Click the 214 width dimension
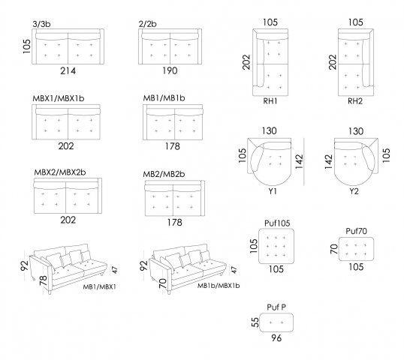tap(68, 70)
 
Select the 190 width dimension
tap(170, 70)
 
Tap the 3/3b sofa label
tap(41, 24)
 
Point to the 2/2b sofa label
tap(148, 24)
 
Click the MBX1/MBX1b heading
tap(59, 98)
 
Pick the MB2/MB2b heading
tap(164, 174)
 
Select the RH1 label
tap(270, 101)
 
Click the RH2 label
tap(355, 101)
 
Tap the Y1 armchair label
tap(273, 191)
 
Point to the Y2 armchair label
tap(354, 191)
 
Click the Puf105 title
tap(277, 223)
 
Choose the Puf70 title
tap(356, 231)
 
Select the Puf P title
tap(276, 307)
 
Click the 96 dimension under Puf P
tap(276, 337)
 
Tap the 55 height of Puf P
tap(255, 322)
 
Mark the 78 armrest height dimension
tap(44, 280)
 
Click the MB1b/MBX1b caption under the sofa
tap(219, 286)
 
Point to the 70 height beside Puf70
tap(334, 249)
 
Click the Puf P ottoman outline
tap(276, 313)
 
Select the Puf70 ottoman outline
tap(356, 238)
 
